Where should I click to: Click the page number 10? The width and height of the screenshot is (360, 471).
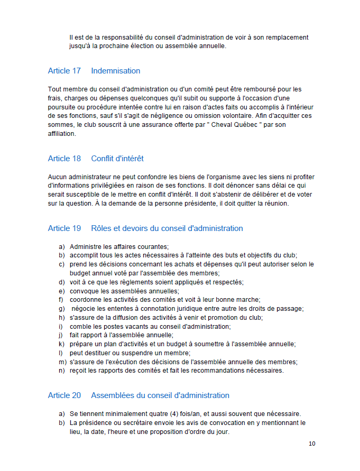[x=312, y=444]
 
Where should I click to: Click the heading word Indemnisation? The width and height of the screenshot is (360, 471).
[x=115, y=71]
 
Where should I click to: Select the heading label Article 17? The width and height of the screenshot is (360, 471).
[x=64, y=71]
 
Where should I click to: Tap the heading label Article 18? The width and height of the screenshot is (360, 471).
[x=64, y=159]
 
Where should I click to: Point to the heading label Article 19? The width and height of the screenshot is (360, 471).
[x=64, y=228]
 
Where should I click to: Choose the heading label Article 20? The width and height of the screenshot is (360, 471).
[x=64, y=395]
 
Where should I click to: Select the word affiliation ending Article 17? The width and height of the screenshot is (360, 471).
[x=62, y=134]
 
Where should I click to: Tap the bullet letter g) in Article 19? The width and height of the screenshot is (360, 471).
[x=61, y=308]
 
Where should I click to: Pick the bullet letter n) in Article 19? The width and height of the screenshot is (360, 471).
[x=62, y=371]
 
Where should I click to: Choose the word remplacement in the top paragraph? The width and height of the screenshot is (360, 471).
[x=287, y=38]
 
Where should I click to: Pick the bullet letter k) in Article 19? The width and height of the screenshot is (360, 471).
[x=61, y=344]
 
